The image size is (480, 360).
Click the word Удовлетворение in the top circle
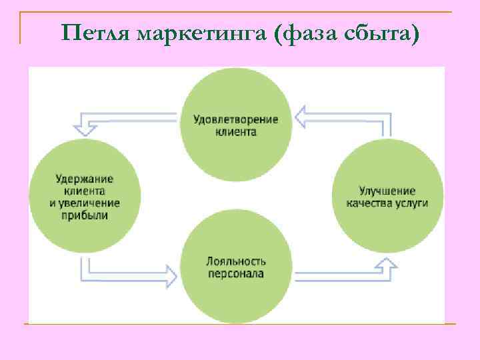(236, 120)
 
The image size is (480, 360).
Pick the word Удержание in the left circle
(85, 179)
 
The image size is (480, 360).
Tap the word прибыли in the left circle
(85, 215)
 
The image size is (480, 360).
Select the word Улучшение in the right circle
(387, 191)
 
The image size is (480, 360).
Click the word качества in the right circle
(366, 203)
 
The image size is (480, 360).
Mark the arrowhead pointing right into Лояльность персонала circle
(169, 273)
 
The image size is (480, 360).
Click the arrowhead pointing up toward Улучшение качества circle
(385, 265)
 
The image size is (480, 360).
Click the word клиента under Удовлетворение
(236, 132)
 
